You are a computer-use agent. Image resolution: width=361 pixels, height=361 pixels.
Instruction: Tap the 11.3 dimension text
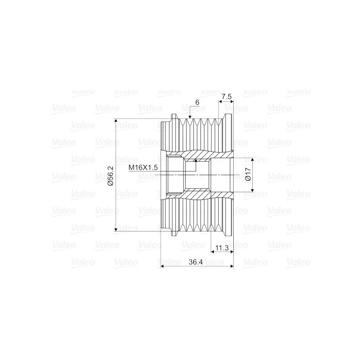click(222, 248)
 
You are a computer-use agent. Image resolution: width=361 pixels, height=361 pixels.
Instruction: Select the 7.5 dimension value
click(227, 97)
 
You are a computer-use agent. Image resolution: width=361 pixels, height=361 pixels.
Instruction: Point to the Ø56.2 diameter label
click(110, 176)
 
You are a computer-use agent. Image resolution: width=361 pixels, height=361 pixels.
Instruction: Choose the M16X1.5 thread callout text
click(143, 167)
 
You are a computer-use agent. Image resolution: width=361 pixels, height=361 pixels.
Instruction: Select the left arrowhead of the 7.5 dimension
click(221, 102)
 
